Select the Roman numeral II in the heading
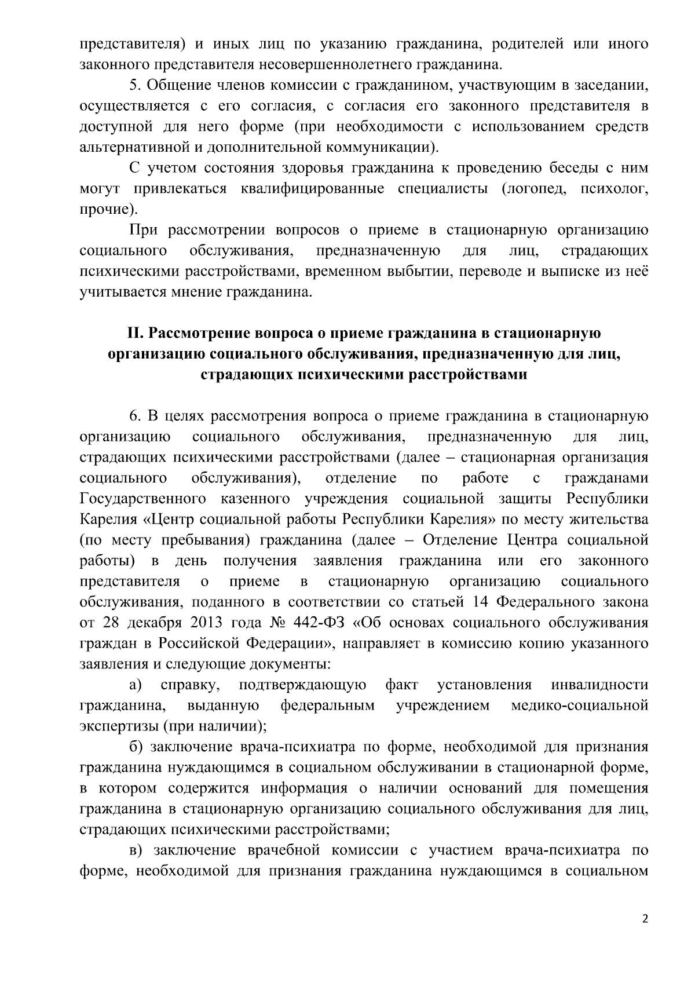pyautogui.click(x=135, y=334)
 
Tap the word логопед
pyautogui.click(x=536, y=189)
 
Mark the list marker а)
pyautogui.click(x=136, y=686)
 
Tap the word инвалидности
pyautogui.click(x=599, y=686)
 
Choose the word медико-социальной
pyautogui.click(x=580, y=706)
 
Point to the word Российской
pyautogui.click(x=200, y=644)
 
